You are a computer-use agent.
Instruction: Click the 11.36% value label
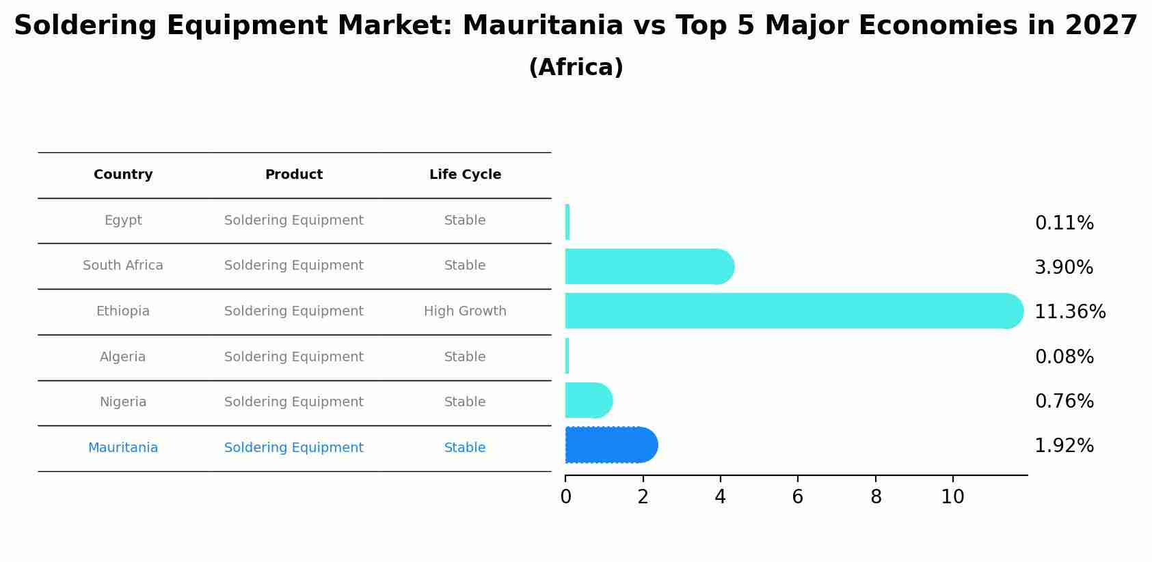tap(1069, 312)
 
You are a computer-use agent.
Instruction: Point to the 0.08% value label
tap(1064, 357)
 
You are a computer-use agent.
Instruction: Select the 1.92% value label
tap(1064, 446)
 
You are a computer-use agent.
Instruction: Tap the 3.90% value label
tap(1064, 268)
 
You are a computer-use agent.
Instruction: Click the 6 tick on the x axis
tap(797, 497)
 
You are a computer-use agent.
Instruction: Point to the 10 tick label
tap(952, 497)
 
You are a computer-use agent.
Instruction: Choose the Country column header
tap(123, 175)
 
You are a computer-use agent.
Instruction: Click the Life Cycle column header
tap(465, 175)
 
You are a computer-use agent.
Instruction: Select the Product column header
tap(294, 175)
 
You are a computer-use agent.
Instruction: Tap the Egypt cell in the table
tap(123, 221)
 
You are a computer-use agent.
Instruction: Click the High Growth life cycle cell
tap(465, 311)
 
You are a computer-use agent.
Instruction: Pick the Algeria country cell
tap(123, 357)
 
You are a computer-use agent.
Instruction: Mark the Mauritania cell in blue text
tap(123, 448)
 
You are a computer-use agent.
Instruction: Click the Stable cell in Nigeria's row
tap(465, 402)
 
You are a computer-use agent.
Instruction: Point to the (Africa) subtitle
tap(576, 68)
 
